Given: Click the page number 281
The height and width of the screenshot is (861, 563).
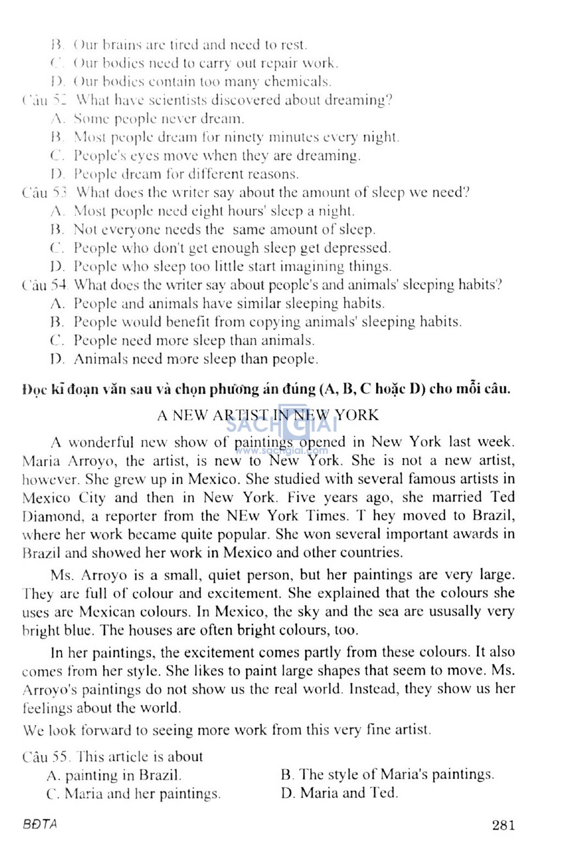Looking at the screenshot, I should coord(503,825).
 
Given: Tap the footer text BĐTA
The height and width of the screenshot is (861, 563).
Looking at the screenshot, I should coord(40,824).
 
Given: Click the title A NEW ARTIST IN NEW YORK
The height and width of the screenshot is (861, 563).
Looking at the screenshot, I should coord(268,415).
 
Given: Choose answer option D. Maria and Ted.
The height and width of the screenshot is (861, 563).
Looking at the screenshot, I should coord(339,793).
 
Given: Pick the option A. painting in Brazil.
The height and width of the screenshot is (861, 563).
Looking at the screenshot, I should coord(114,775).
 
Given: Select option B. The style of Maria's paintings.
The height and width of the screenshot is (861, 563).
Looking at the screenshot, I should coord(387,775).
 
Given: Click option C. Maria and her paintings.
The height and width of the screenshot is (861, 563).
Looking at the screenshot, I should coord(134,793).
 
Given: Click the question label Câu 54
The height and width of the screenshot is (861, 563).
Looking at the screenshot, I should coord(45,285).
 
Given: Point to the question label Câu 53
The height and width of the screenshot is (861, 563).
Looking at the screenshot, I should coord(45,192).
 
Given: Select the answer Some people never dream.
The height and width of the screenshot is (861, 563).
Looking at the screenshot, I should coord(158,119).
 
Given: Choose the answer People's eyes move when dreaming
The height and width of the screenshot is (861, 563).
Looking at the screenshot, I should coord(217,155).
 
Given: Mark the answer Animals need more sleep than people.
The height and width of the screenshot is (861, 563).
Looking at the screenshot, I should coord(195,359).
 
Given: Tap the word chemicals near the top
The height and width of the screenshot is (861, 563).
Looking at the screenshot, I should coord(297,82).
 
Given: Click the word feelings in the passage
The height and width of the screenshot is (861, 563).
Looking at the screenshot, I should coord(48,708).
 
